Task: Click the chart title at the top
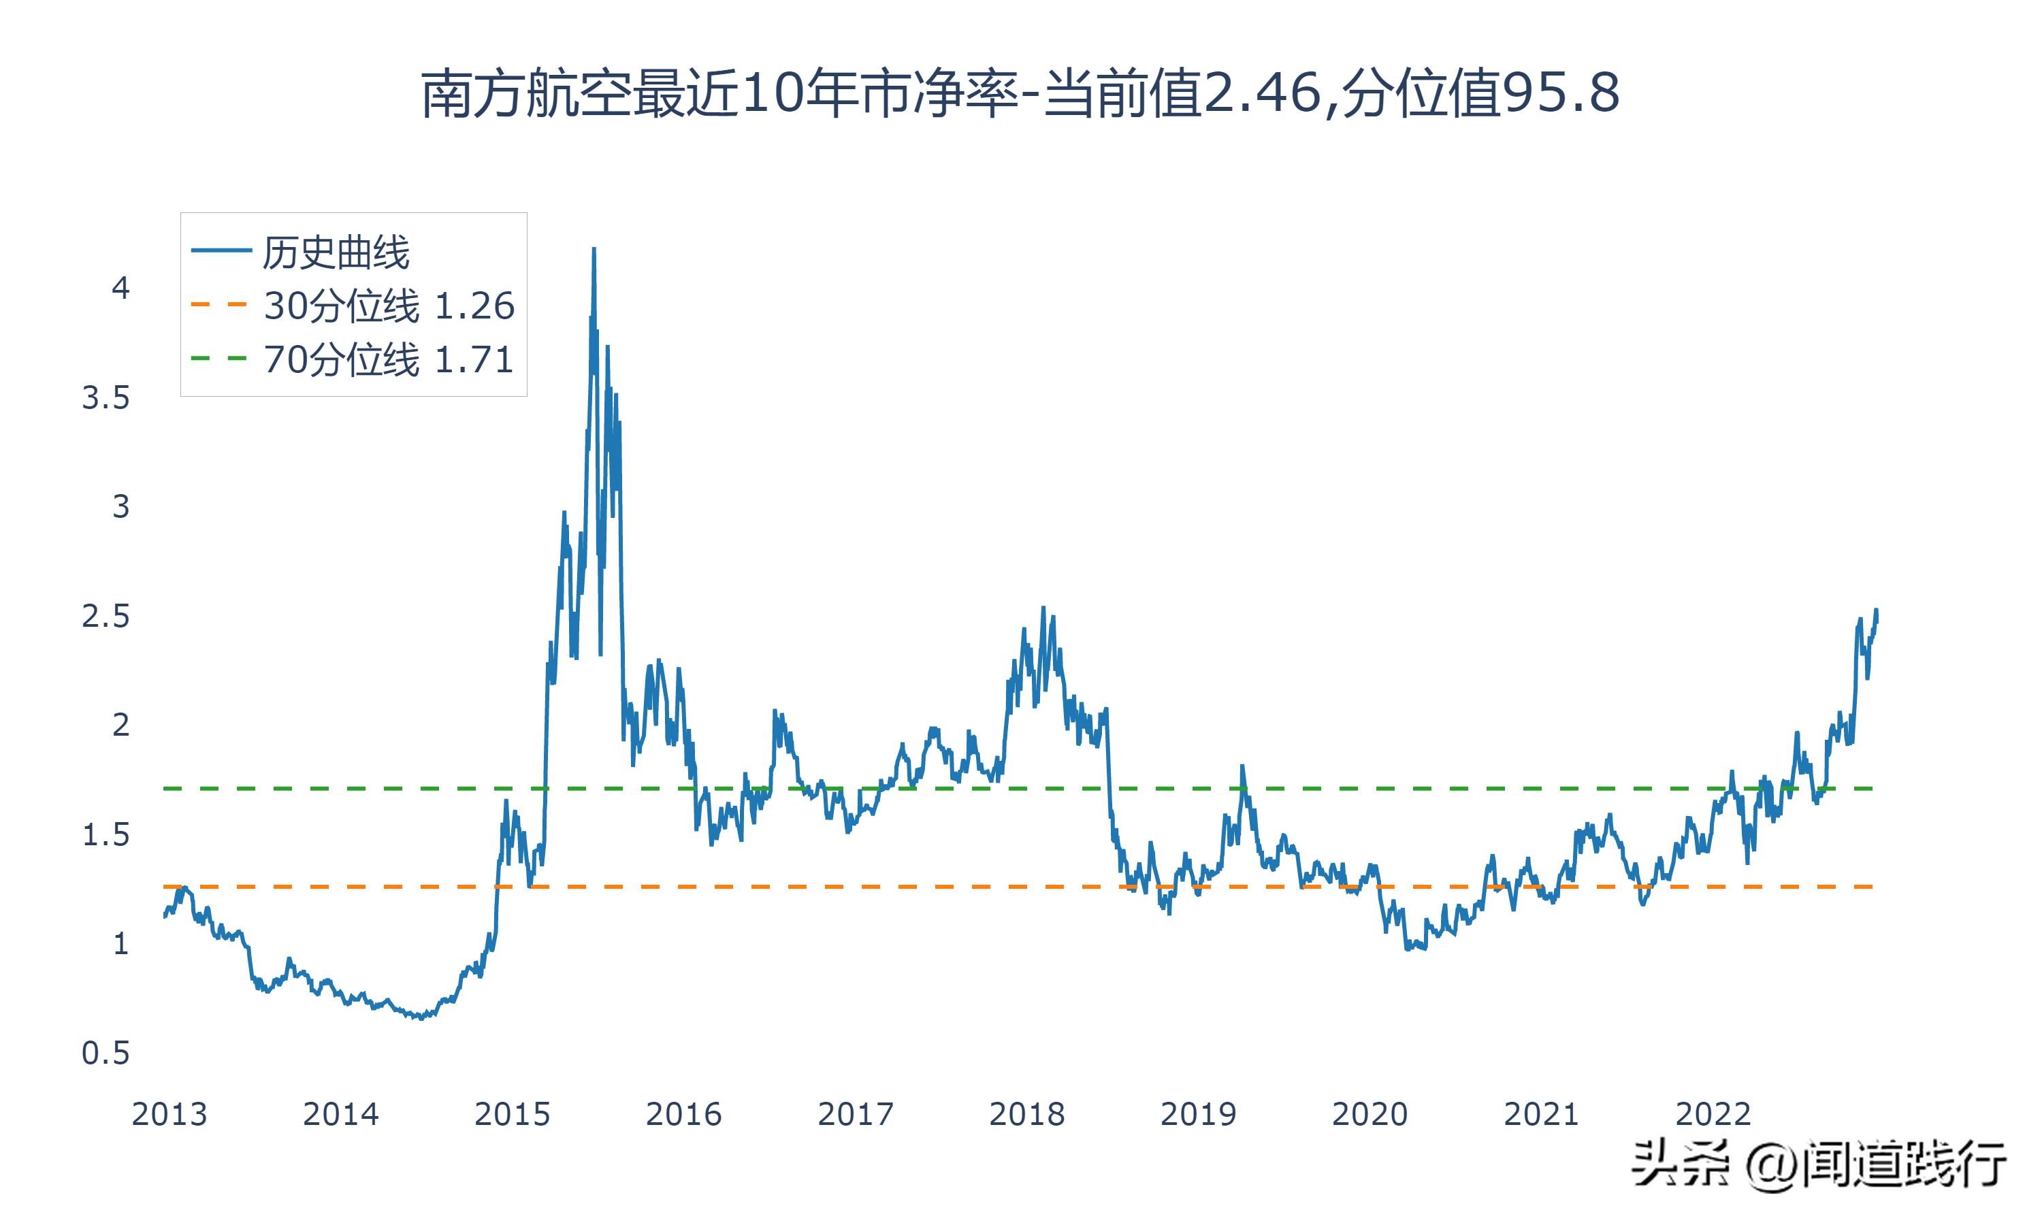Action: [1020, 93]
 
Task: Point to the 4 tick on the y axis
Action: [120, 288]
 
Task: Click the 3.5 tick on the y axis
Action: [106, 398]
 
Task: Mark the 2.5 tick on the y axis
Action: [106, 616]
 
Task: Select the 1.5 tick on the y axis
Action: [106, 834]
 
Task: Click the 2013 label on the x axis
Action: [169, 1114]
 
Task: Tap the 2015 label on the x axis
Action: [512, 1114]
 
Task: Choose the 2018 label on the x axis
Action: [1026, 1114]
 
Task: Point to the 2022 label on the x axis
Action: [1713, 1114]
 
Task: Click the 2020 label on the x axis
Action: [1370, 1114]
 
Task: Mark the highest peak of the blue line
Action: [594, 248]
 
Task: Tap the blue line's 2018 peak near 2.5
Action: [1043, 608]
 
